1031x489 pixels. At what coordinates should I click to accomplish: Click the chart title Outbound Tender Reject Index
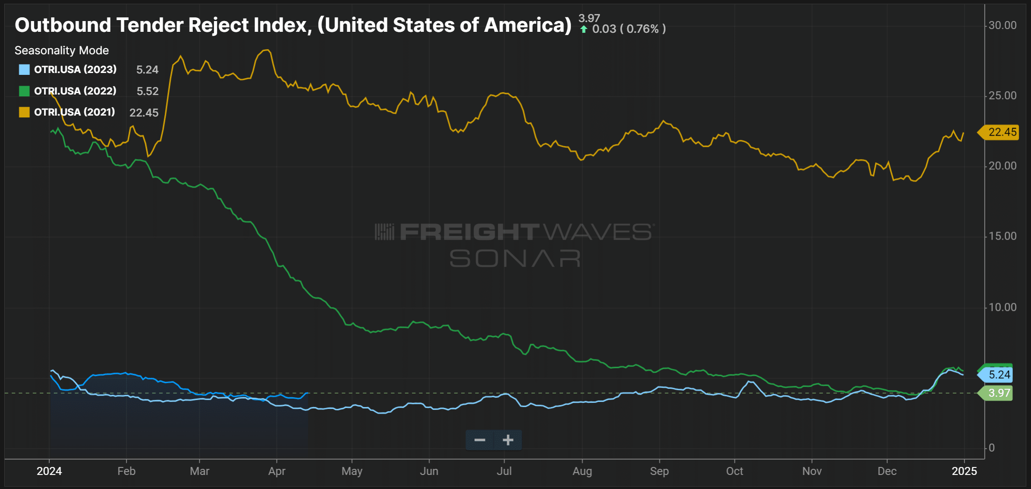pos(292,25)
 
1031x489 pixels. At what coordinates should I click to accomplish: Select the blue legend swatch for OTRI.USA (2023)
pos(24,70)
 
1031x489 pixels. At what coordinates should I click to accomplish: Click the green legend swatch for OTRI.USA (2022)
pos(24,91)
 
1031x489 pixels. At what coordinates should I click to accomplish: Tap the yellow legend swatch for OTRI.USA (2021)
pos(24,112)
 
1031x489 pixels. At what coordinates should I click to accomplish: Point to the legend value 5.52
pos(147,91)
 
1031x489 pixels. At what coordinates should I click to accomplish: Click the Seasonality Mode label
pos(62,51)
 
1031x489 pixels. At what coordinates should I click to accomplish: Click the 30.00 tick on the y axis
pos(1002,25)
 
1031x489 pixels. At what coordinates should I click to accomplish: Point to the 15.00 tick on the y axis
pos(1002,236)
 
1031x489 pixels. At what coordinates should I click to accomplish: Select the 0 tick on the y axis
pos(991,448)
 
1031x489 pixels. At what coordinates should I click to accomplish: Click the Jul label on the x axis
pos(504,471)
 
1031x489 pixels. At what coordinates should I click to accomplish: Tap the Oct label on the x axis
pos(734,471)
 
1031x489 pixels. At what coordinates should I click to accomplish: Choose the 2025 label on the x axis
pos(964,471)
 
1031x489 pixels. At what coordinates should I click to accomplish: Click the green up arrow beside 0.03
pos(584,29)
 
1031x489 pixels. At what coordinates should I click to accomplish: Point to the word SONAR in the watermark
pos(515,258)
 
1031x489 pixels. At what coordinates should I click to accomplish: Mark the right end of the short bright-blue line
pos(307,393)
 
